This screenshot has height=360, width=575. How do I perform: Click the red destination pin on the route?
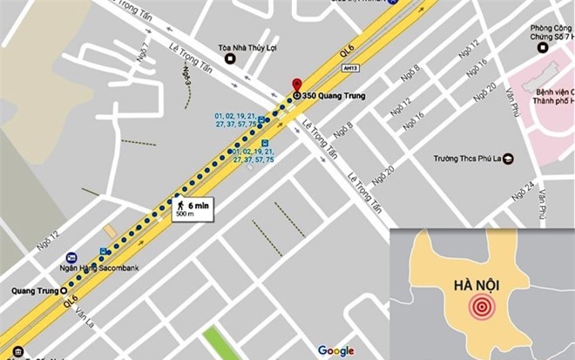(296, 82)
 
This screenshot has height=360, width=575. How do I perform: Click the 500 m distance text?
(185, 214)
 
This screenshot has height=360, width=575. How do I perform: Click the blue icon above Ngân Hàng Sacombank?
(71, 258)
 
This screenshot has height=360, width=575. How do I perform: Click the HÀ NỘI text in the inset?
(477, 285)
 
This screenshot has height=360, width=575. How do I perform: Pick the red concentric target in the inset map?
(480, 307)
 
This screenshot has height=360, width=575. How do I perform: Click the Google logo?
(335, 350)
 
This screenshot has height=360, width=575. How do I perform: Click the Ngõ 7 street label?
(142, 54)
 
